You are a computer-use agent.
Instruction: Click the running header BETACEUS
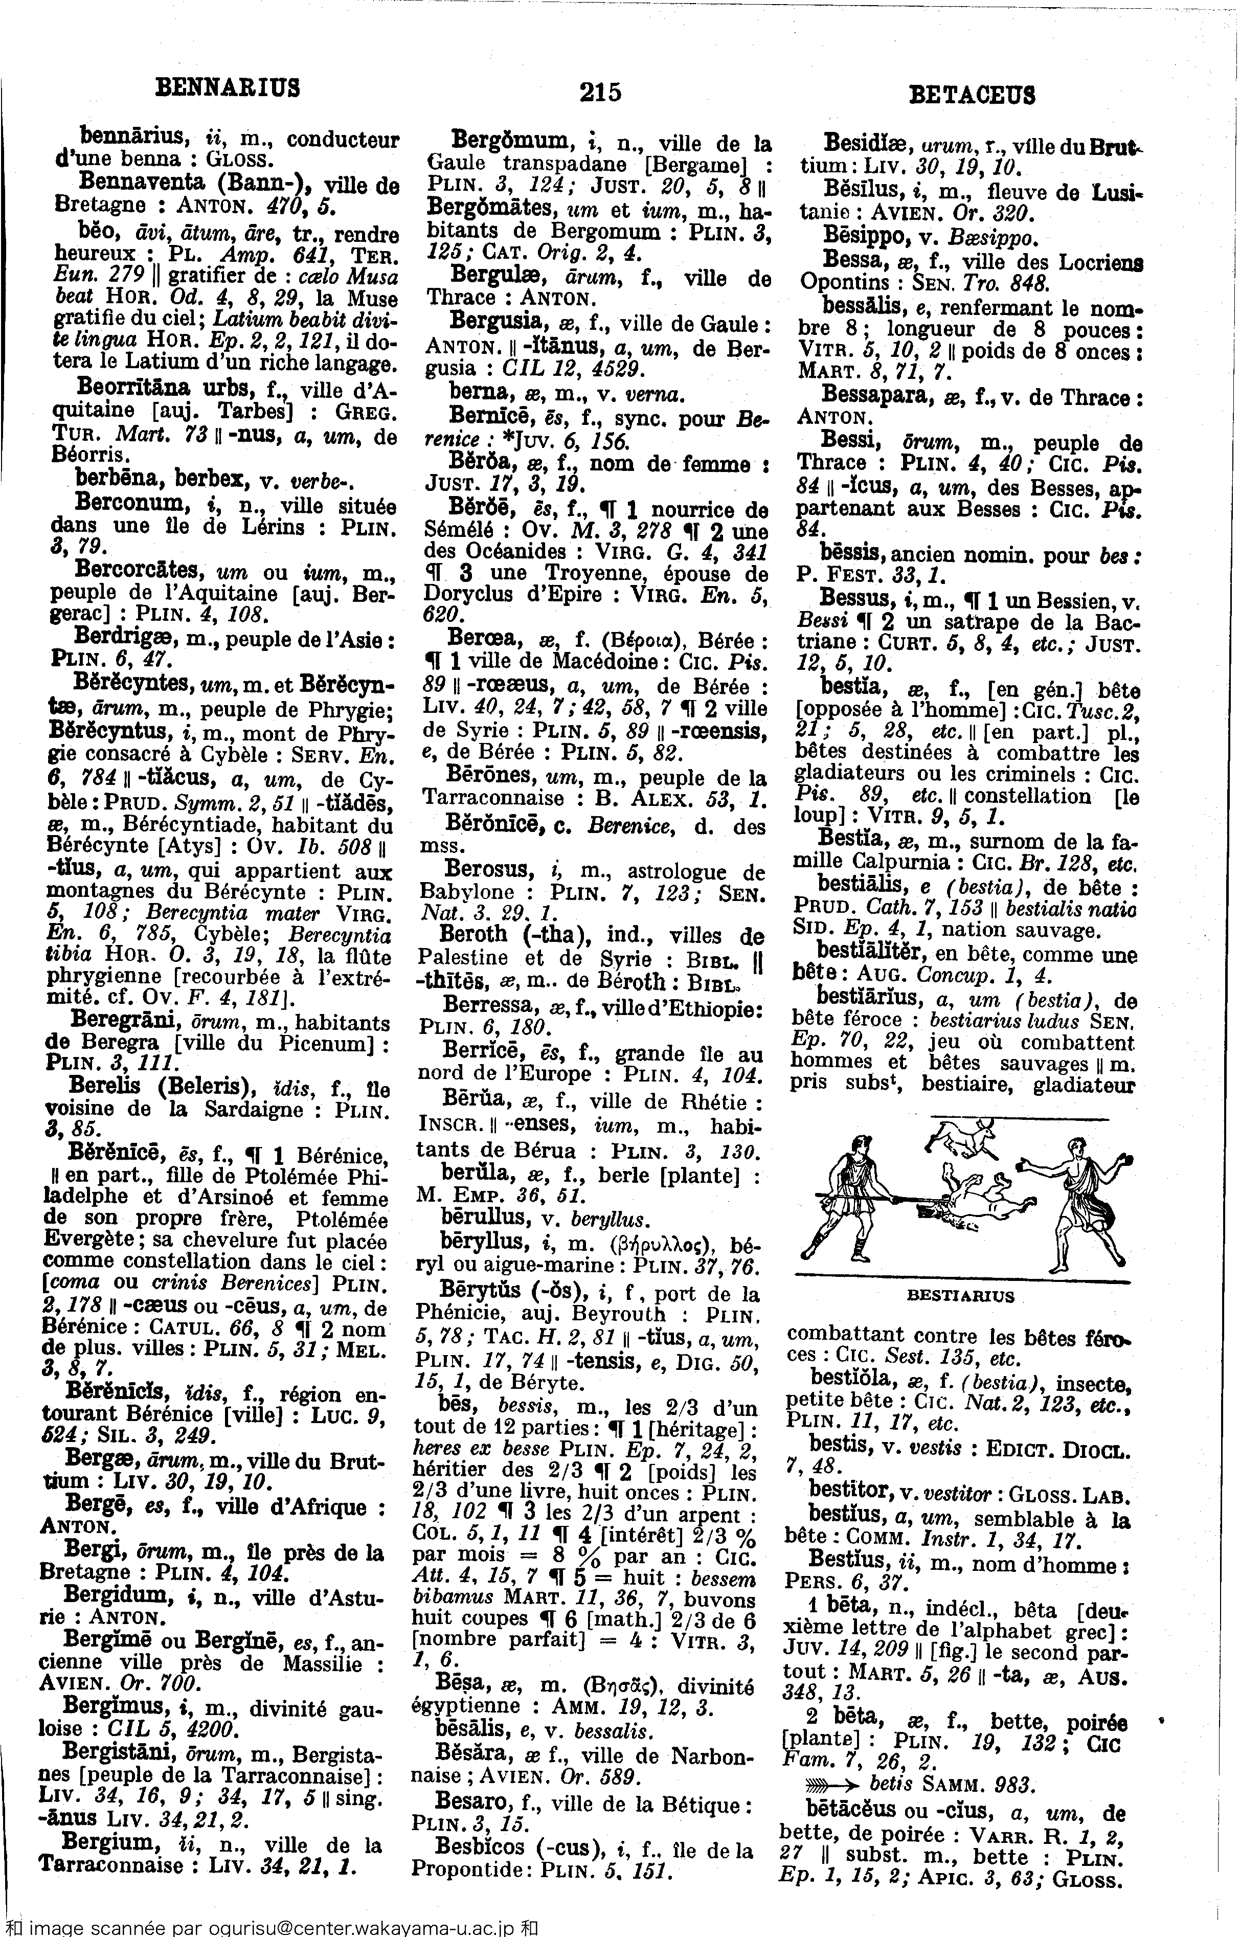pos(972,95)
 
